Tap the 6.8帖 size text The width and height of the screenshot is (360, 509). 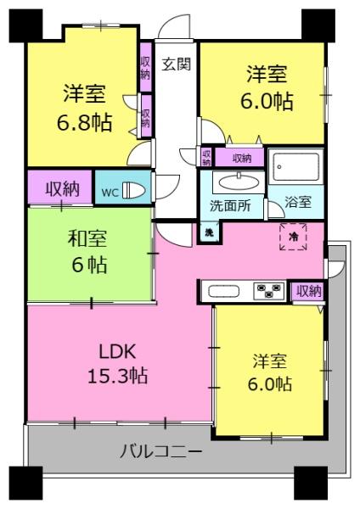point(86,121)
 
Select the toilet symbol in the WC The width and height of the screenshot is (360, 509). point(134,190)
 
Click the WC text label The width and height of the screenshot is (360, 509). point(110,191)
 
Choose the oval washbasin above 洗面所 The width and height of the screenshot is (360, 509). point(239,182)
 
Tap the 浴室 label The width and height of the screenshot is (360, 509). point(298,204)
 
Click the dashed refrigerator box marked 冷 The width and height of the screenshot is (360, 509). point(294,237)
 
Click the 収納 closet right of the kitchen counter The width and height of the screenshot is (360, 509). point(310,291)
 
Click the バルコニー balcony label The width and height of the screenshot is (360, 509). point(160,451)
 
